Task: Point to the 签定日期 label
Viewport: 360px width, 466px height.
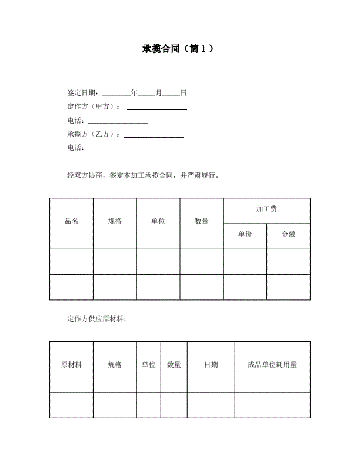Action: pyautogui.click(x=83, y=93)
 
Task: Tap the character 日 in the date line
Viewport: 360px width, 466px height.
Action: pyautogui.click(x=184, y=93)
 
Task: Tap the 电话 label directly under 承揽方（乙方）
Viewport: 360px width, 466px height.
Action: pyautogui.click(x=76, y=148)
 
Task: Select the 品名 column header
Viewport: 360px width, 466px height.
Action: pyautogui.click(x=71, y=221)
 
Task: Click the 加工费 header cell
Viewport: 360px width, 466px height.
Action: pyautogui.click(x=266, y=209)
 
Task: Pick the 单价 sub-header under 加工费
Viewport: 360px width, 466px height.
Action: pyautogui.click(x=245, y=234)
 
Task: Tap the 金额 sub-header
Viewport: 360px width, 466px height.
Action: pyautogui.click(x=288, y=234)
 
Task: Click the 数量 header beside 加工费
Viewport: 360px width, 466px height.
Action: pyautogui.click(x=202, y=221)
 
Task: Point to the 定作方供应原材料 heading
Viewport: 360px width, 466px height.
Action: pyautogui.click(x=96, y=319)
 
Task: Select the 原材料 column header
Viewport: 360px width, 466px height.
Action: pyautogui.click(x=71, y=365)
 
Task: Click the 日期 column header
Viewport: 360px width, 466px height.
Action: pyautogui.click(x=211, y=365)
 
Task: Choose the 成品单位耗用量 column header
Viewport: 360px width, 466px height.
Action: pyautogui.click(x=272, y=365)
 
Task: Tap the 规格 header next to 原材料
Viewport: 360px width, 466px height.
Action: pyautogui.click(x=115, y=365)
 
